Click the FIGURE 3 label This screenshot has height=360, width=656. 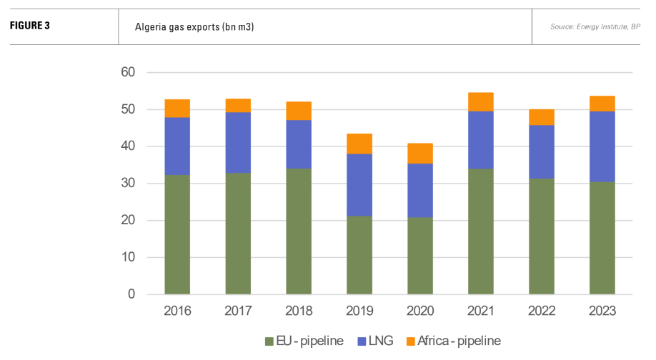click(x=29, y=27)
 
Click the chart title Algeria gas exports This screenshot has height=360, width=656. click(x=194, y=27)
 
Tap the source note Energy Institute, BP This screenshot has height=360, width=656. click(x=595, y=27)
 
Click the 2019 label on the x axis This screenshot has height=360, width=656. click(x=359, y=311)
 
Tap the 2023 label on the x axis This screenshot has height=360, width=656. click(x=602, y=311)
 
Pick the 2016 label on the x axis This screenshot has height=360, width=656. click(x=177, y=311)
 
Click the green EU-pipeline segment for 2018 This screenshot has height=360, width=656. click(x=299, y=231)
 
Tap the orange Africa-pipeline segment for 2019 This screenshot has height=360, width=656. click(x=359, y=144)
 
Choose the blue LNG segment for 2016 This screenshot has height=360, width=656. click(x=177, y=146)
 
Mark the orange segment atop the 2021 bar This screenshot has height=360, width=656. click(x=481, y=101)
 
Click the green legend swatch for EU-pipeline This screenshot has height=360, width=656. click(x=269, y=341)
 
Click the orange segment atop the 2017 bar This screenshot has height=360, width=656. click(x=238, y=105)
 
